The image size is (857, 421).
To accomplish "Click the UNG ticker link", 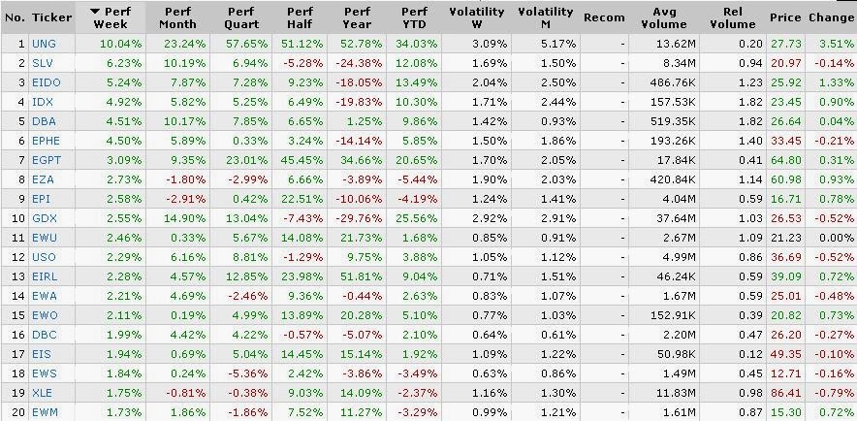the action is tap(44, 44).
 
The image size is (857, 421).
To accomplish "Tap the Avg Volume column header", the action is tap(664, 17).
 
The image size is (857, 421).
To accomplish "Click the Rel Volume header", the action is tap(732, 17).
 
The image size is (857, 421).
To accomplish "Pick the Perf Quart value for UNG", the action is tap(243, 44).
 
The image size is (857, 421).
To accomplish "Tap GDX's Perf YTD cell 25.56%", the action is tap(415, 218).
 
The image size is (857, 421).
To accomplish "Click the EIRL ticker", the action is tap(45, 277).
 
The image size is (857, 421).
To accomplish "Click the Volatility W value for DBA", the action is tap(488, 122).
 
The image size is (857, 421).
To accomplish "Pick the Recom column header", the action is tap(604, 17).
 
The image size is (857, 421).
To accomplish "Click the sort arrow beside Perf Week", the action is tap(95, 11).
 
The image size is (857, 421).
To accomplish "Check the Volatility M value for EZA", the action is tap(556, 179).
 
